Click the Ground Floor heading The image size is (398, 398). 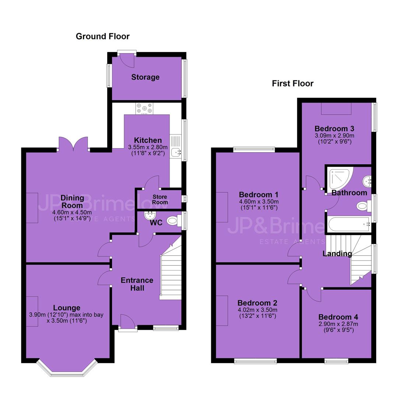click(102, 36)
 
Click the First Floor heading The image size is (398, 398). click(293, 84)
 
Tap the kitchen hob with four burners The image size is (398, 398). click(144, 108)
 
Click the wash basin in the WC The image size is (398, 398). click(150, 216)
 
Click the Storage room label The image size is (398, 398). click(146, 77)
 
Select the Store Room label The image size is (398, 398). click(160, 199)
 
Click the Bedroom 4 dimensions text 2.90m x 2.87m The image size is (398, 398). click(338, 324)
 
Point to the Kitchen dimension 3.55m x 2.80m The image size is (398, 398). click(148, 147)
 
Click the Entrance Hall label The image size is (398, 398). click(137, 284)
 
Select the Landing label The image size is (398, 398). click(337, 253)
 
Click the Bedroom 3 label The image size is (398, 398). click(334, 129)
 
